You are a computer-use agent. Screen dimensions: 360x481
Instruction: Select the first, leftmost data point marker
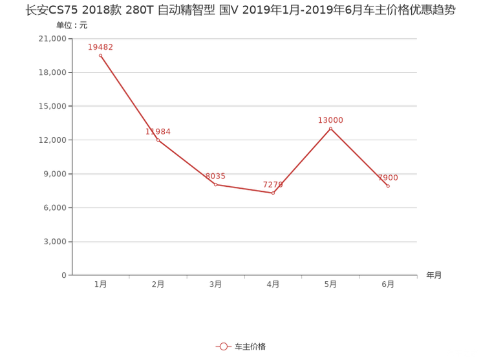[x=100, y=56]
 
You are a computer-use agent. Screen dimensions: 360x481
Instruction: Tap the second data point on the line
[x=158, y=140]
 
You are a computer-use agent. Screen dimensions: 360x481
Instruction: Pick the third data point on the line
[x=215, y=184]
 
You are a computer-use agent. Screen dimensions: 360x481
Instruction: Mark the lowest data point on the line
[x=273, y=193]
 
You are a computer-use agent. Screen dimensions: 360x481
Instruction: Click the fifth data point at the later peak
[x=331, y=128]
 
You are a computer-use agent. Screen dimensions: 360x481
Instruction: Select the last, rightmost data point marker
[x=388, y=187]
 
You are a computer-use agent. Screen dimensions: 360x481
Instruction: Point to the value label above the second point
[x=158, y=131]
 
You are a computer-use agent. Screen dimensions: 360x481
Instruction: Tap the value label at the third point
[x=215, y=176]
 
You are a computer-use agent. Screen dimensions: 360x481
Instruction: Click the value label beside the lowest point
[x=273, y=185]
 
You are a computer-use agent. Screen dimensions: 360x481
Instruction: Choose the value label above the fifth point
[x=331, y=120]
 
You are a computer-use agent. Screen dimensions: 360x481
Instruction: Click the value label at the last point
[x=387, y=178]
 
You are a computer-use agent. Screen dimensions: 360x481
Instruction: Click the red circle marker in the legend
[x=224, y=347]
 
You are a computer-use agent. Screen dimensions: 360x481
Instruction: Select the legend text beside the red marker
[x=251, y=347]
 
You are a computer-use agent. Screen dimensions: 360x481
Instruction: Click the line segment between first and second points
[x=129, y=98]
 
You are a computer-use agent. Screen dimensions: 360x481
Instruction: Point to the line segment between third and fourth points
[x=244, y=189]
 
